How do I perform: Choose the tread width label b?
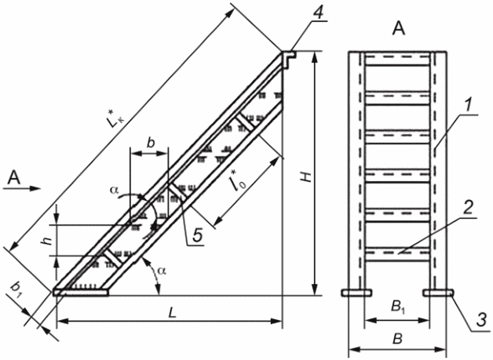pyautogui.click(x=152, y=141)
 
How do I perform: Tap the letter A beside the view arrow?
pyautogui.click(x=13, y=180)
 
